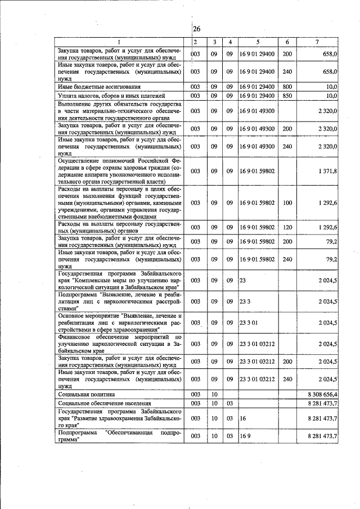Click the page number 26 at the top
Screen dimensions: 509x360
tap(196, 29)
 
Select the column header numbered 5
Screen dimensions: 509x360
tap(258, 42)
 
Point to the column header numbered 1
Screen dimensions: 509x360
tap(119, 42)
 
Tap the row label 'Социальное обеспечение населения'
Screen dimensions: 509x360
tap(105, 403)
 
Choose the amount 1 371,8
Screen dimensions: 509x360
tap(326, 170)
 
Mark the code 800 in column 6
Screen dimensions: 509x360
tap(287, 87)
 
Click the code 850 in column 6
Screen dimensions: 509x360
tap(287, 96)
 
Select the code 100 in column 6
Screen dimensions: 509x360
tap(287, 202)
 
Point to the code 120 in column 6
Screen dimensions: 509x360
tap(287, 227)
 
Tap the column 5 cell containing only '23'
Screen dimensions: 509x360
tap(243, 279)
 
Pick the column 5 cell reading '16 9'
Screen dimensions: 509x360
tap(245, 436)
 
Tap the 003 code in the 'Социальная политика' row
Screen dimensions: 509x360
tap(195, 394)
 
